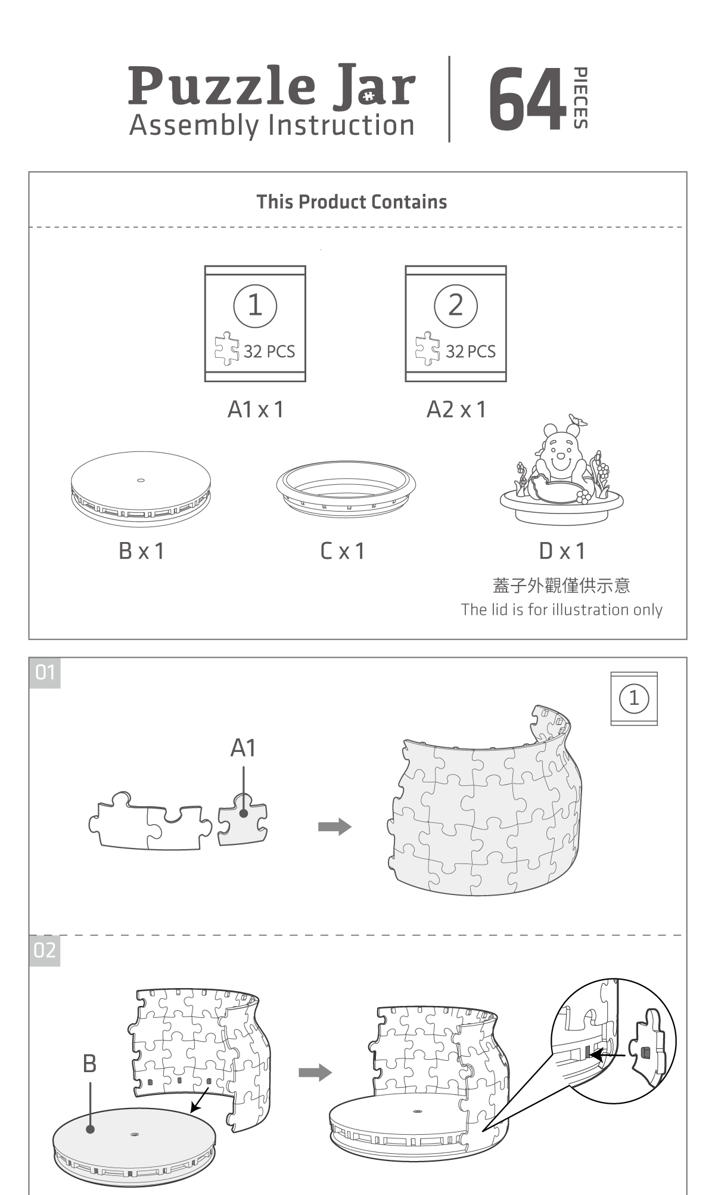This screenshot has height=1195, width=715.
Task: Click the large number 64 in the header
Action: click(x=527, y=99)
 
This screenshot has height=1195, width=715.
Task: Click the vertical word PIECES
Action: click(x=580, y=98)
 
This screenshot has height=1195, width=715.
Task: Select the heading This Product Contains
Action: click(x=352, y=202)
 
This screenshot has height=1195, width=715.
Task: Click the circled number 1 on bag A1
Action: click(x=255, y=306)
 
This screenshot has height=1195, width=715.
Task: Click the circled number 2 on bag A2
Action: click(x=456, y=306)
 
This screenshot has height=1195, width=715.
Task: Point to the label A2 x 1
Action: click(x=456, y=410)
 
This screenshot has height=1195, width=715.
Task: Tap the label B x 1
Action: click(x=141, y=551)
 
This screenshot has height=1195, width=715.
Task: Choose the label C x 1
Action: click(x=343, y=551)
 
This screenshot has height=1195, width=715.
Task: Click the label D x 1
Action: click(x=562, y=551)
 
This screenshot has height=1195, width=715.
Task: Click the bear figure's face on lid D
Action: click(x=560, y=456)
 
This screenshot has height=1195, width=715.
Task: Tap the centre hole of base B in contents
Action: click(x=141, y=480)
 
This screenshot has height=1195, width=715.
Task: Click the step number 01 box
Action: click(x=45, y=673)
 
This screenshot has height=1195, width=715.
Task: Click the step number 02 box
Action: click(x=45, y=951)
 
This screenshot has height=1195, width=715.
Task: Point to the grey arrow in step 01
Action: click(x=334, y=826)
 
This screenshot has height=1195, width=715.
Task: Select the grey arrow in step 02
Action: click(x=315, y=1072)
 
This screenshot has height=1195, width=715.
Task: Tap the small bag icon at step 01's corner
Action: click(x=634, y=698)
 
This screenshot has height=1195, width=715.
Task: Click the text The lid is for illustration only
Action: click(x=561, y=609)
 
